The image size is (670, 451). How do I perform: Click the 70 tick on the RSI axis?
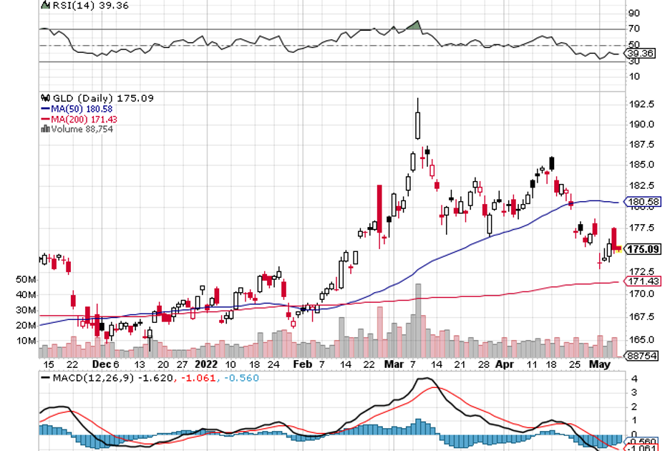[634, 29]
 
